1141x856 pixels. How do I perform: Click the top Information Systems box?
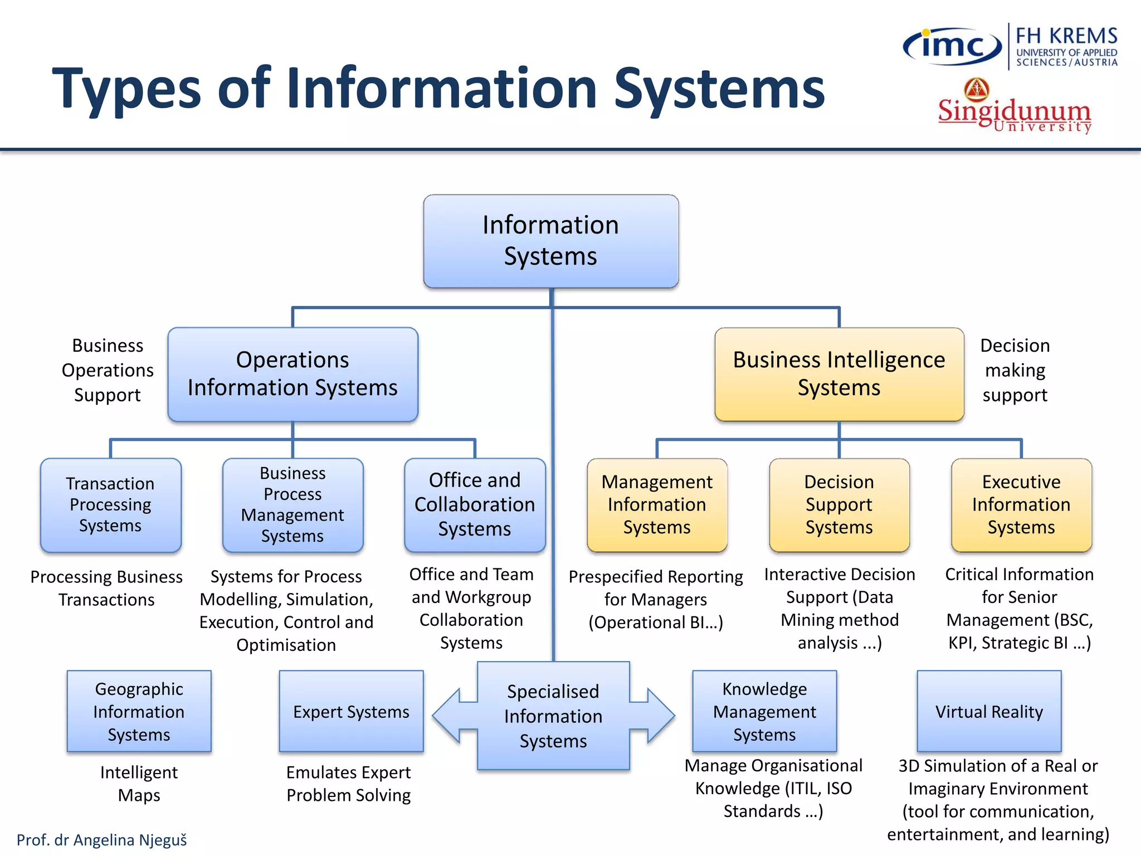pos(550,241)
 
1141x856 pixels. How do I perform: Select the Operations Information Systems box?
pos(292,374)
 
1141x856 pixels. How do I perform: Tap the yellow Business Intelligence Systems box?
pos(839,374)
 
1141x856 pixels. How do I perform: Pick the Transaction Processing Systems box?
pos(110,505)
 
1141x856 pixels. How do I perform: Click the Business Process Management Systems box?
pos(292,505)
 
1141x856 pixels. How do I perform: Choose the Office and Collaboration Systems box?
pos(475,505)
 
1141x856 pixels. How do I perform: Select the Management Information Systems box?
pos(657,505)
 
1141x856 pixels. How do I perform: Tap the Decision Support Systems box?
pos(839,505)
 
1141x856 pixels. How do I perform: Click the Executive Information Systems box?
pos(1021,505)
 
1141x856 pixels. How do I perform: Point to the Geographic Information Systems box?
pos(139,712)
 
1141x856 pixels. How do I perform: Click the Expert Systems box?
pos(351,712)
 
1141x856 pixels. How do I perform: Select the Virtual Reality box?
pos(989,712)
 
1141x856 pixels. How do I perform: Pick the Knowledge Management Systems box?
pos(764,712)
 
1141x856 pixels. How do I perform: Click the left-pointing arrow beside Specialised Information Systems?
pos(451,716)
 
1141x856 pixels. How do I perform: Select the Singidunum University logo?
pos(1014,109)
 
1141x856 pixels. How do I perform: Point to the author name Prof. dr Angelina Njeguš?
pos(101,840)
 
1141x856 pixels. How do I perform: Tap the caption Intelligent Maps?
pos(139,784)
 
